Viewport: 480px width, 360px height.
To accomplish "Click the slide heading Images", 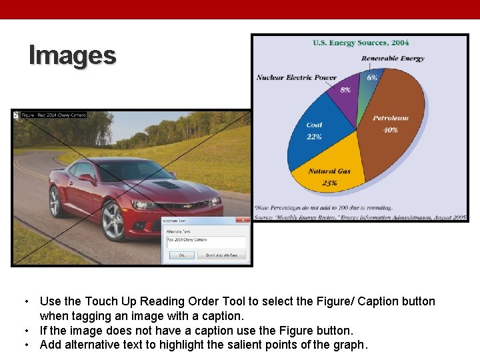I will click(73, 55).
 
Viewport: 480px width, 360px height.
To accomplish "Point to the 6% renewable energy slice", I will click(369, 83).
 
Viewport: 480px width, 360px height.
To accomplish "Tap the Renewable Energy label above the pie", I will click(393, 59).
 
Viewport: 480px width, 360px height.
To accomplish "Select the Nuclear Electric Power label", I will click(297, 77).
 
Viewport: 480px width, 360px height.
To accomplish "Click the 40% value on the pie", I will click(391, 130).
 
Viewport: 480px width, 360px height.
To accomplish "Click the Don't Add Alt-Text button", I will click(225, 255).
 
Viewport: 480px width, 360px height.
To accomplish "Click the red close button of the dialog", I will click(244, 221).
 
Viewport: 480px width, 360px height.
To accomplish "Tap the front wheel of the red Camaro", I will click(113, 220).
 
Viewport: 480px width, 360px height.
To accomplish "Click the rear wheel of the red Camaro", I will click(56, 201).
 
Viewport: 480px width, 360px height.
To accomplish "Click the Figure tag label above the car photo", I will click(53, 115).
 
